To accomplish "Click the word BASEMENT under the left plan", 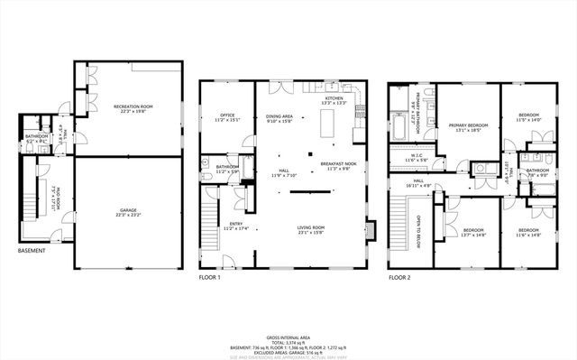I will point(32,250).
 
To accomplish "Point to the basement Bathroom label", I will point(36,139).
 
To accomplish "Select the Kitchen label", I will point(334,100).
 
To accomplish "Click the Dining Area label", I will point(279,118).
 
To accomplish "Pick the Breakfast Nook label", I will point(339,166).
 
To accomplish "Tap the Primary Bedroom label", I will point(472,127).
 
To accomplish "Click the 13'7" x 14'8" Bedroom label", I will point(473,232).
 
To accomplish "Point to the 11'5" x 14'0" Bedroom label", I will point(528,117).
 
